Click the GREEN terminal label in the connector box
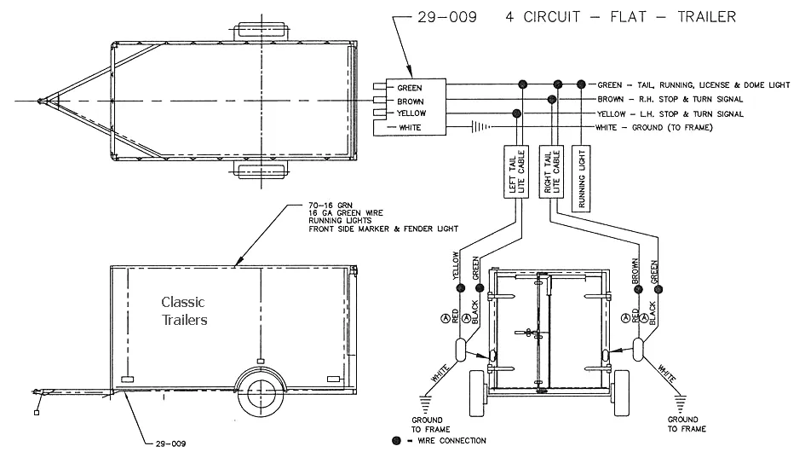pyautogui.click(x=411, y=87)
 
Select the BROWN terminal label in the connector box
pyautogui.click(x=411, y=101)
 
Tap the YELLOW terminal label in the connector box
pyautogui.click(x=412, y=113)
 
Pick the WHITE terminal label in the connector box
pyautogui.click(x=411, y=127)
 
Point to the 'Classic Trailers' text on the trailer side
pyautogui.click(x=183, y=311)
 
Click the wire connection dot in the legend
pyautogui.click(x=396, y=440)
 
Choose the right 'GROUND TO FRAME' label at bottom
pyautogui.click(x=683, y=425)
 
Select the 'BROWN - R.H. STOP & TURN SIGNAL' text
pyautogui.click(x=670, y=99)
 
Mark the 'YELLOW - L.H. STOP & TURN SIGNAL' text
pyautogui.click(x=670, y=113)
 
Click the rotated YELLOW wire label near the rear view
pyautogui.click(x=458, y=265)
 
